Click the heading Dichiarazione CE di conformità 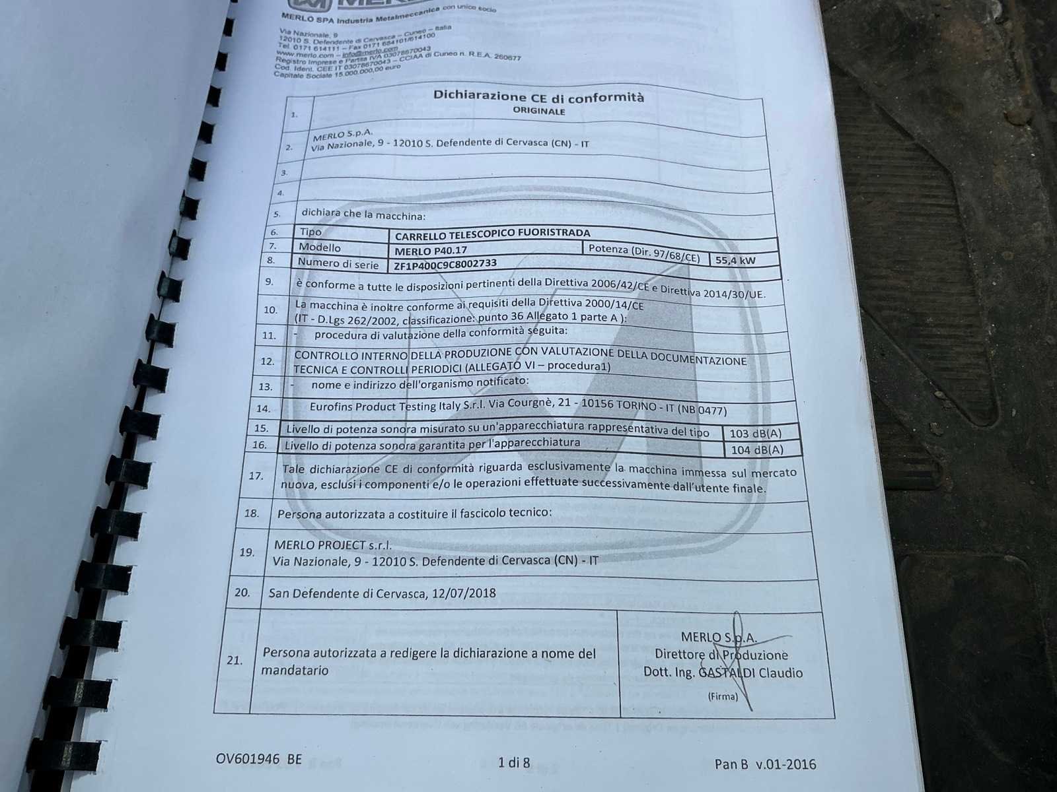[538, 96]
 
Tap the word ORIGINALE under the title [539, 112]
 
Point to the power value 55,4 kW [735, 260]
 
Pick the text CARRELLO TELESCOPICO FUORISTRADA [492, 234]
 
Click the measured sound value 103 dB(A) [754, 434]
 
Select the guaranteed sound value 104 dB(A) [757, 450]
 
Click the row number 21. [234, 659]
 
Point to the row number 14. [263, 409]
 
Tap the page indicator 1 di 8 [513, 763]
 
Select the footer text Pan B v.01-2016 [765, 764]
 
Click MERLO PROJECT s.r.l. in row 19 [332, 545]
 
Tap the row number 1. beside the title [294, 115]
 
